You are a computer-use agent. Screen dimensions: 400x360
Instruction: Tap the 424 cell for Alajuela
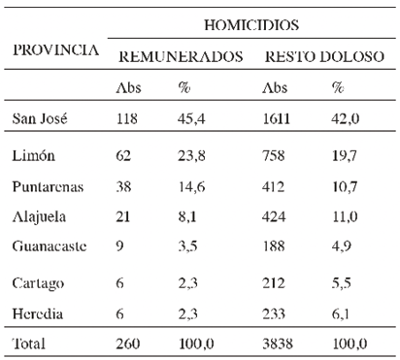277,215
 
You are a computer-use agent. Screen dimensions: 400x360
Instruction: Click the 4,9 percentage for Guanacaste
340,246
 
